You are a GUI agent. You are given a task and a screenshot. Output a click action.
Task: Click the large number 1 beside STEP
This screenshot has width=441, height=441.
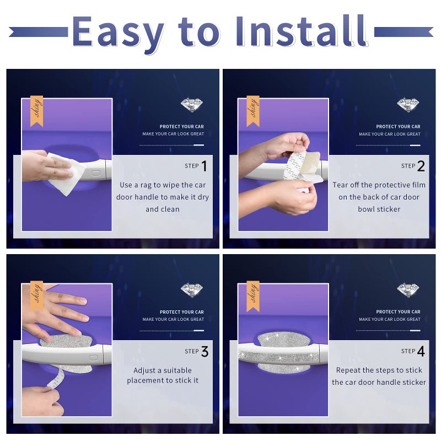click(x=204, y=166)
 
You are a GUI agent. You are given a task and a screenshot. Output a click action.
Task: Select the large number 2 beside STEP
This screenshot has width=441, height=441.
click(x=421, y=166)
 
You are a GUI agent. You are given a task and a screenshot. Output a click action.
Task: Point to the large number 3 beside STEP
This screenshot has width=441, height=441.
click(x=205, y=351)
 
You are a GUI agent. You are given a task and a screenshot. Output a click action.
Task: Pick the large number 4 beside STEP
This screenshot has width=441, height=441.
click(x=421, y=351)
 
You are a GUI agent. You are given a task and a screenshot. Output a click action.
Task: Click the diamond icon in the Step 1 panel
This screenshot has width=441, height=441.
click(x=191, y=105)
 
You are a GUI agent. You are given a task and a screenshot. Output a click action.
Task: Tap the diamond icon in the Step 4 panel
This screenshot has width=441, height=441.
click(x=408, y=291)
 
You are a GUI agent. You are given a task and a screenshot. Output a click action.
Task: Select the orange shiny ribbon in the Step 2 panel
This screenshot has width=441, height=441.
click(x=253, y=111)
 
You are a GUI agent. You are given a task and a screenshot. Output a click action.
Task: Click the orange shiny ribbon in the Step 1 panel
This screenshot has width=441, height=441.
click(x=36, y=111)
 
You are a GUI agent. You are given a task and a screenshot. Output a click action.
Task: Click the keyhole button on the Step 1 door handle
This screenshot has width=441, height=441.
click(x=96, y=173)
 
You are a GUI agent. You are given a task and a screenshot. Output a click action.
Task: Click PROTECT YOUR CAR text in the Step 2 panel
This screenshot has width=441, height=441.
click(x=398, y=127)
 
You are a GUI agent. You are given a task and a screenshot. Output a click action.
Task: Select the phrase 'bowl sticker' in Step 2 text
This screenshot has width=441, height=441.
click(x=379, y=209)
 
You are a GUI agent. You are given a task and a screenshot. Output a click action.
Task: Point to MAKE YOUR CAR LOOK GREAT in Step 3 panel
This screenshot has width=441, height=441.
click(x=173, y=319)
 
